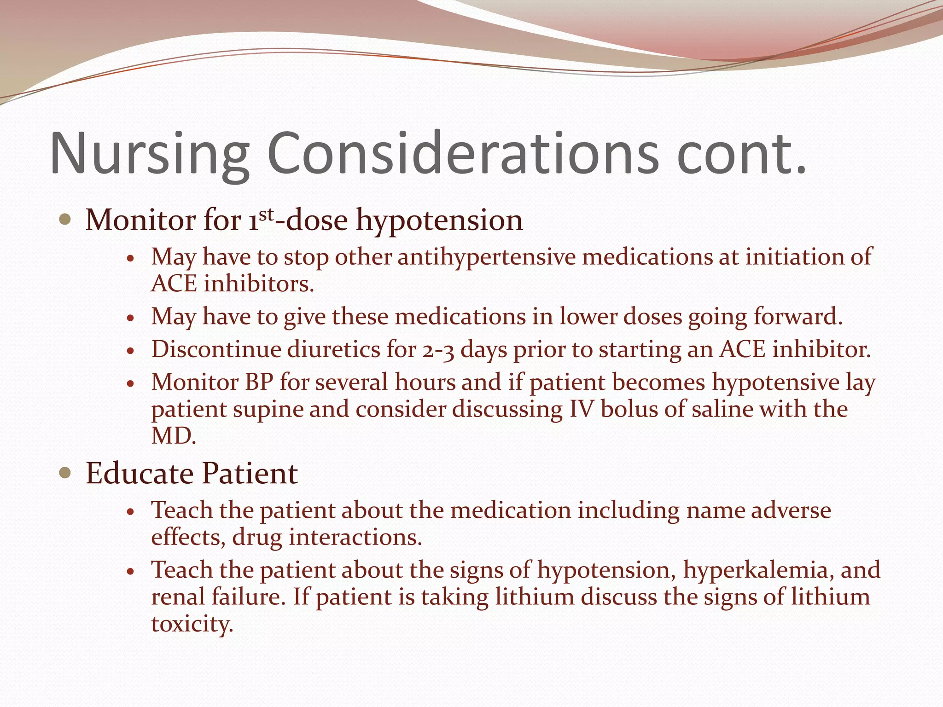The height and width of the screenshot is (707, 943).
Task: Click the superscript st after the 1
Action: (267, 214)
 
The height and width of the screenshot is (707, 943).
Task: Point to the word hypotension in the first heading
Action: (440, 220)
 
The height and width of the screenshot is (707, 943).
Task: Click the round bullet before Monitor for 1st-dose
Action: (65, 220)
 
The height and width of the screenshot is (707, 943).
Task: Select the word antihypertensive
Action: (487, 256)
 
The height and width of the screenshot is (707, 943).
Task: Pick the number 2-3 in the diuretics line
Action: (437, 350)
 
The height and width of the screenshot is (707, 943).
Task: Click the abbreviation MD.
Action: (173, 435)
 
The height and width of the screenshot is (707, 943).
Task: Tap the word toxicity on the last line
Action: (192, 624)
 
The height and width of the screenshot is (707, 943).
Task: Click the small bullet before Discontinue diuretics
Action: (131, 351)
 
